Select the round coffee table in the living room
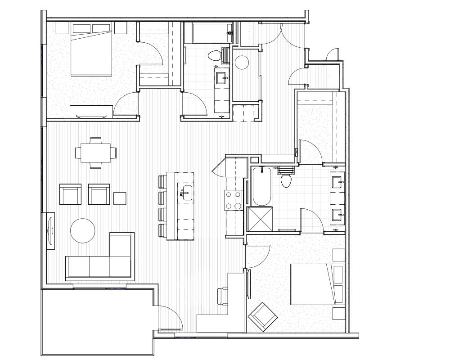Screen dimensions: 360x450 (83, 230)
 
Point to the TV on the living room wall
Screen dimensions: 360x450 (50, 229)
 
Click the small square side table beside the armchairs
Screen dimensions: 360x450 (120, 198)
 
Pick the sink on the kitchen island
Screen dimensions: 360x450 (186, 192)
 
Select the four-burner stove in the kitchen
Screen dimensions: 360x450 (234, 200)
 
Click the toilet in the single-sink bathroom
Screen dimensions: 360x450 (214, 56)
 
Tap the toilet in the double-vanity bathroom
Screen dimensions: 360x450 (286, 180)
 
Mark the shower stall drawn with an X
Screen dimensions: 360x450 (260, 219)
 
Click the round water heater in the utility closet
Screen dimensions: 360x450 (243, 62)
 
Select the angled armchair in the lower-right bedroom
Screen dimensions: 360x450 (263, 316)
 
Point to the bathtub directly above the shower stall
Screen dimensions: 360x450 (261, 186)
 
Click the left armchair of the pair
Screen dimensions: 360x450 (71, 194)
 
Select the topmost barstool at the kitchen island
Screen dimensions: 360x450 (162, 181)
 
